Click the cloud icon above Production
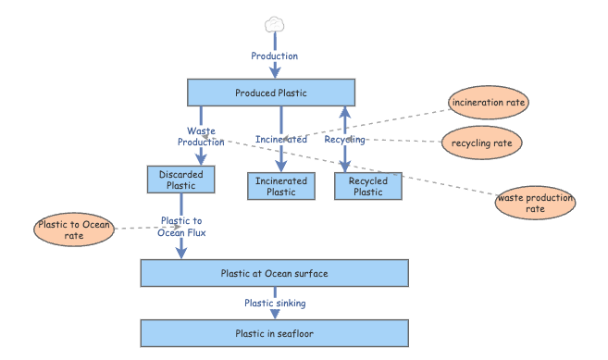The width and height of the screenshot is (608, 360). click(274, 24)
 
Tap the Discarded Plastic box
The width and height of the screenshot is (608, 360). click(180, 179)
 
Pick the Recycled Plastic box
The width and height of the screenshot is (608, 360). click(368, 186)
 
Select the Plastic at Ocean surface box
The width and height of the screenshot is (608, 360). click(274, 273)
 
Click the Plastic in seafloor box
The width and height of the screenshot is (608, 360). click(274, 333)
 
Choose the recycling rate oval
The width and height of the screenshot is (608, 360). click(481, 143)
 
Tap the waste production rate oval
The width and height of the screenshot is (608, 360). click(535, 204)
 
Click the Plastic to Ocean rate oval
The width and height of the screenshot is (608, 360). click(73, 230)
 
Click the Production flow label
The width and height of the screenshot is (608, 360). click(275, 56)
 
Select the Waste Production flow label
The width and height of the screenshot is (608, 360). click(201, 136)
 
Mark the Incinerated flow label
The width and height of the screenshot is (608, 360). click(281, 140)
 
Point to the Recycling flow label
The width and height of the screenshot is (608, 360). click(344, 140)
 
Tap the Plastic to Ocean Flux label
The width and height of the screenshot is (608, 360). click(183, 227)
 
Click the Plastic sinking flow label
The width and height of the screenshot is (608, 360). click(275, 303)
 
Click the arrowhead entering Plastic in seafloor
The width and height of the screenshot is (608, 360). click(275, 315)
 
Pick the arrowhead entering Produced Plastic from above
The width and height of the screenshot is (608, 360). click(275, 73)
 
